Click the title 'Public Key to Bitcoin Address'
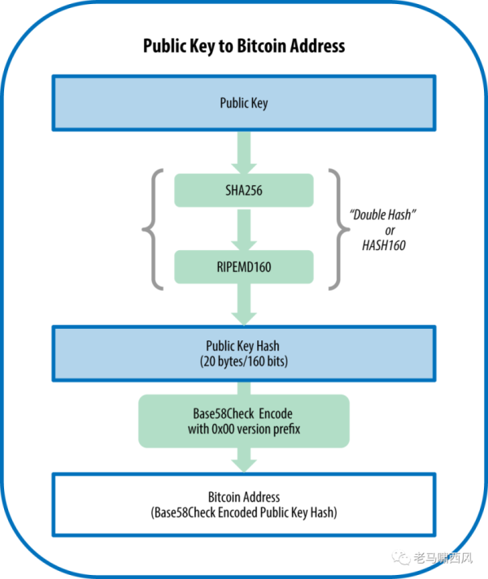point(244,45)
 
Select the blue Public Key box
point(244,104)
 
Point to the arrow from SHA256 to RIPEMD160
point(244,228)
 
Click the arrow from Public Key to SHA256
point(244,149)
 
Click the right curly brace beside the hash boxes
point(338,228)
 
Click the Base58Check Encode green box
point(244,421)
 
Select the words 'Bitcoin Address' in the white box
point(244,497)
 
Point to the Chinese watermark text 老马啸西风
point(442,558)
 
